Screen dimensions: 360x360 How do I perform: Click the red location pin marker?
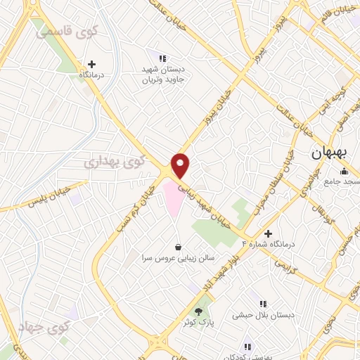pyautogui.click(x=181, y=165)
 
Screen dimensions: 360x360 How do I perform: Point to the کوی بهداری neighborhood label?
pyautogui.click(x=115, y=162)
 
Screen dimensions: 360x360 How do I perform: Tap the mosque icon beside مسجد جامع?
pyautogui.click(x=344, y=172)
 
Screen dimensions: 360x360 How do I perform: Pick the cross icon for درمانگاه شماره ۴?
pyautogui.click(x=267, y=233)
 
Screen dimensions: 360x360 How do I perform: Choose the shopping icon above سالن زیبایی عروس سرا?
pyautogui.click(x=178, y=247)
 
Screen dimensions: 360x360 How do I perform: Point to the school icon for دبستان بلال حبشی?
pyautogui.click(x=263, y=304)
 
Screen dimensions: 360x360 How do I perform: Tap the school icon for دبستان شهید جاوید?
pyautogui.click(x=163, y=59)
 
